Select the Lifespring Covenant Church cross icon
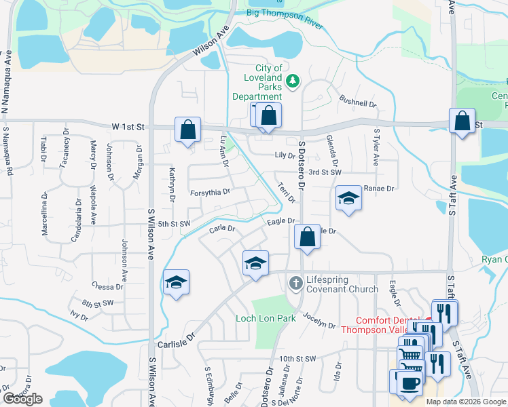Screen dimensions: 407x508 [x=295, y=282]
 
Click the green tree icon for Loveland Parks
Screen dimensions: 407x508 [x=293, y=81]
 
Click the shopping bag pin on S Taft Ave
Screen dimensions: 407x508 [x=462, y=121]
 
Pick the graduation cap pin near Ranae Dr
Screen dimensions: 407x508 [x=348, y=198]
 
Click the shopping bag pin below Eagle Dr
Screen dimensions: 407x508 [x=307, y=237]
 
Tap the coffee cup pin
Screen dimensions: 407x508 [x=410, y=383]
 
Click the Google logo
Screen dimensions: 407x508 [x=22, y=399]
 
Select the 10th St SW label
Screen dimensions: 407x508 [x=297, y=359]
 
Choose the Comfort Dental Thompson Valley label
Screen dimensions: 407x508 [x=386, y=325]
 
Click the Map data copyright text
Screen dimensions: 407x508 [x=466, y=402]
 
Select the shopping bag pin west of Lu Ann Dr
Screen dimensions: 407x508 [x=187, y=129]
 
